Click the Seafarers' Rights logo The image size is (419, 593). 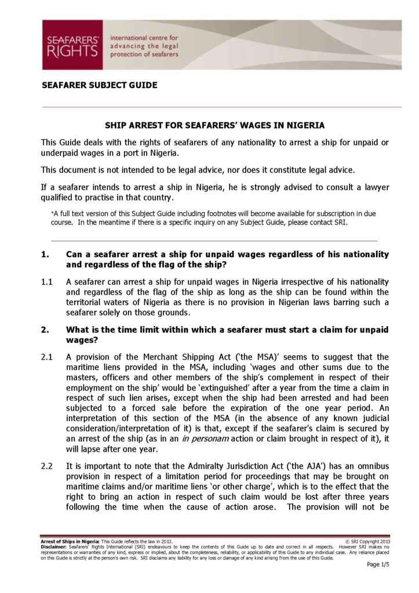[72, 45]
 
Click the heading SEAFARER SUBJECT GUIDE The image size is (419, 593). [100, 85]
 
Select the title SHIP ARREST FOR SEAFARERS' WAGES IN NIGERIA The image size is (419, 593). [214, 125]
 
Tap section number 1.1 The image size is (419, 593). [48, 282]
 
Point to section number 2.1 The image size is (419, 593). [48, 357]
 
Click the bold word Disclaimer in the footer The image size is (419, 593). [53, 546]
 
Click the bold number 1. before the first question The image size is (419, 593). [45, 255]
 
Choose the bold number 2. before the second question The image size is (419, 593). [45, 330]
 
